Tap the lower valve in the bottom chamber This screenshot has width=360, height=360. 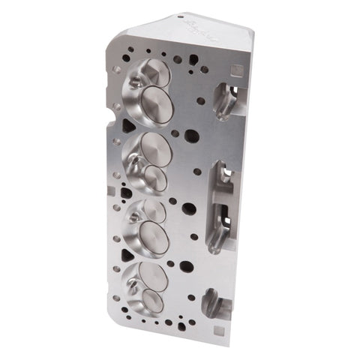coord(151,301)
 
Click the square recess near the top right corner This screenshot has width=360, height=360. coord(236,70)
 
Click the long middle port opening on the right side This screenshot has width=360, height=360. coord(221,202)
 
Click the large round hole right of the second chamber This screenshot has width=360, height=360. coord(192,136)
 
